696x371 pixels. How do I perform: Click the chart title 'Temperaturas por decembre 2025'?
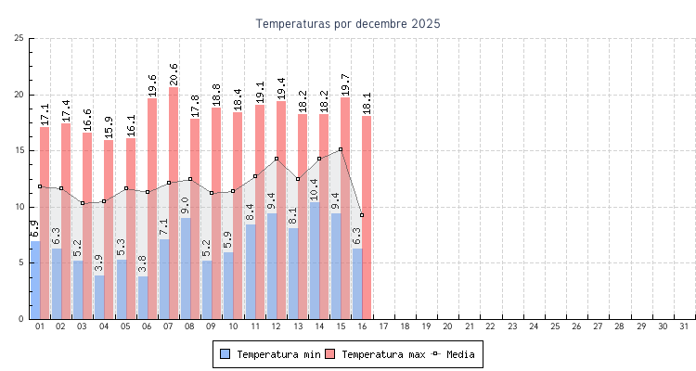[x=348, y=23]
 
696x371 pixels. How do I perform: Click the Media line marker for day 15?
[x=341, y=149]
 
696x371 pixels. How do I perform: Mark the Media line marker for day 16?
[x=362, y=215]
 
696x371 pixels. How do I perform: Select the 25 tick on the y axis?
[x=19, y=38]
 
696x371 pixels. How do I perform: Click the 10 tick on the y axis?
[x=19, y=207]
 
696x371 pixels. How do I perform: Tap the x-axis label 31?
[x=685, y=326]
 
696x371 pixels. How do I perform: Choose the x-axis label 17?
[x=383, y=326]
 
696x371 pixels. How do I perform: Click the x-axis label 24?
[x=534, y=326]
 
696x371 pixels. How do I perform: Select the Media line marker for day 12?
[x=276, y=159]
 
